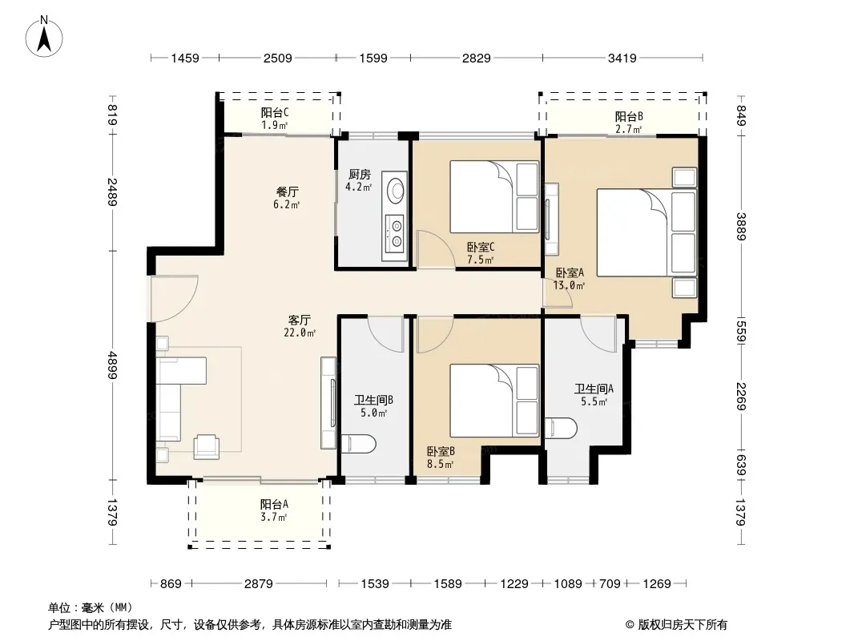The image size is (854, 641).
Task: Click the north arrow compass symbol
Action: pyautogui.click(x=44, y=37)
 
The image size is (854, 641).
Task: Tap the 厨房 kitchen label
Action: pyautogui.click(x=360, y=175)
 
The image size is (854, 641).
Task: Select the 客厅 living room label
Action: pyautogui.click(x=299, y=320)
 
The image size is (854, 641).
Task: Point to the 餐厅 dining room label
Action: pyautogui.click(x=287, y=191)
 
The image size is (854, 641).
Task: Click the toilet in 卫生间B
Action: pyautogui.click(x=358, y=443)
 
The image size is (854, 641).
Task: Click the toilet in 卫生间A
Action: pyautogui.click(x=561, y=428)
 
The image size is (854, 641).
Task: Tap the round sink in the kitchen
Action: pyautogui.click(x=396, y=190)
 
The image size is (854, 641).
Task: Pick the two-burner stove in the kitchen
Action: pyautogui.click(x=394, y=232)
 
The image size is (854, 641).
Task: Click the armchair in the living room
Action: pyautogui.click(x=207, y=446)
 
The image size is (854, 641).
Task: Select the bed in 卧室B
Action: pyautogui.click(x=494, y=401)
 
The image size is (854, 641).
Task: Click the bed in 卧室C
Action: pyautogui.click(x=494, y=196)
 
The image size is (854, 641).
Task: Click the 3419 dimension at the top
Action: pyautogui.click(x=622, y=58)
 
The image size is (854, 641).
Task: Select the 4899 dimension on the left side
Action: pyautogui.click(x=112, y=365)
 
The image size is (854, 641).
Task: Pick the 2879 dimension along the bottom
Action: pyautogui.click(x=258, y=584)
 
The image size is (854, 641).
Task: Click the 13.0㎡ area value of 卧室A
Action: pyautogui.click(x=569, y=285)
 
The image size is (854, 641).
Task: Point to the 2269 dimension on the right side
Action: pyautogui.click(x=741, y=397)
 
